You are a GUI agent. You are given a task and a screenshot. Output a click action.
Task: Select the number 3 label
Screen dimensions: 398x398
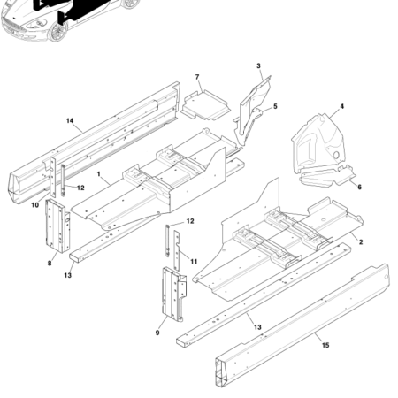[x=258, y=66]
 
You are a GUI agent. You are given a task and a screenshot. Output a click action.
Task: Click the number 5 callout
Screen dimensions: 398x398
[x=275, y=106]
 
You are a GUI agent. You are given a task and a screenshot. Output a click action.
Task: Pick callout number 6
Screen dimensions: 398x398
[x=358, y=188]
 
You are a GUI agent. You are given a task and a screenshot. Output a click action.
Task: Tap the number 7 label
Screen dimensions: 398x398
[x=197, y=78]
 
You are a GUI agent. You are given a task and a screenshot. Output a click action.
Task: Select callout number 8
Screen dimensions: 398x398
[x=50, y=263]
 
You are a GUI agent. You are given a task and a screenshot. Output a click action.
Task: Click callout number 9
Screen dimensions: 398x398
[x=157, y=333]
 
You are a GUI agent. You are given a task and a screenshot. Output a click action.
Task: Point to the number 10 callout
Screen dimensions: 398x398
[x=36, y=205]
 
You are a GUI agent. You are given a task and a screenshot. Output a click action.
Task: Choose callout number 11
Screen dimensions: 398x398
[x=194, y=263]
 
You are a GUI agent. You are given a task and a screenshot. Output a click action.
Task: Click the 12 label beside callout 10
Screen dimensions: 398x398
[x=80, y=188]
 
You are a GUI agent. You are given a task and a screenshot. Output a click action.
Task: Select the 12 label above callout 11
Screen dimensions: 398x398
[x=190, y=221]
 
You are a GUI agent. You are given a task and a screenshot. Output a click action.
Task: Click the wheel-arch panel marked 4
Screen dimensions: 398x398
[x=319, y=146]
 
